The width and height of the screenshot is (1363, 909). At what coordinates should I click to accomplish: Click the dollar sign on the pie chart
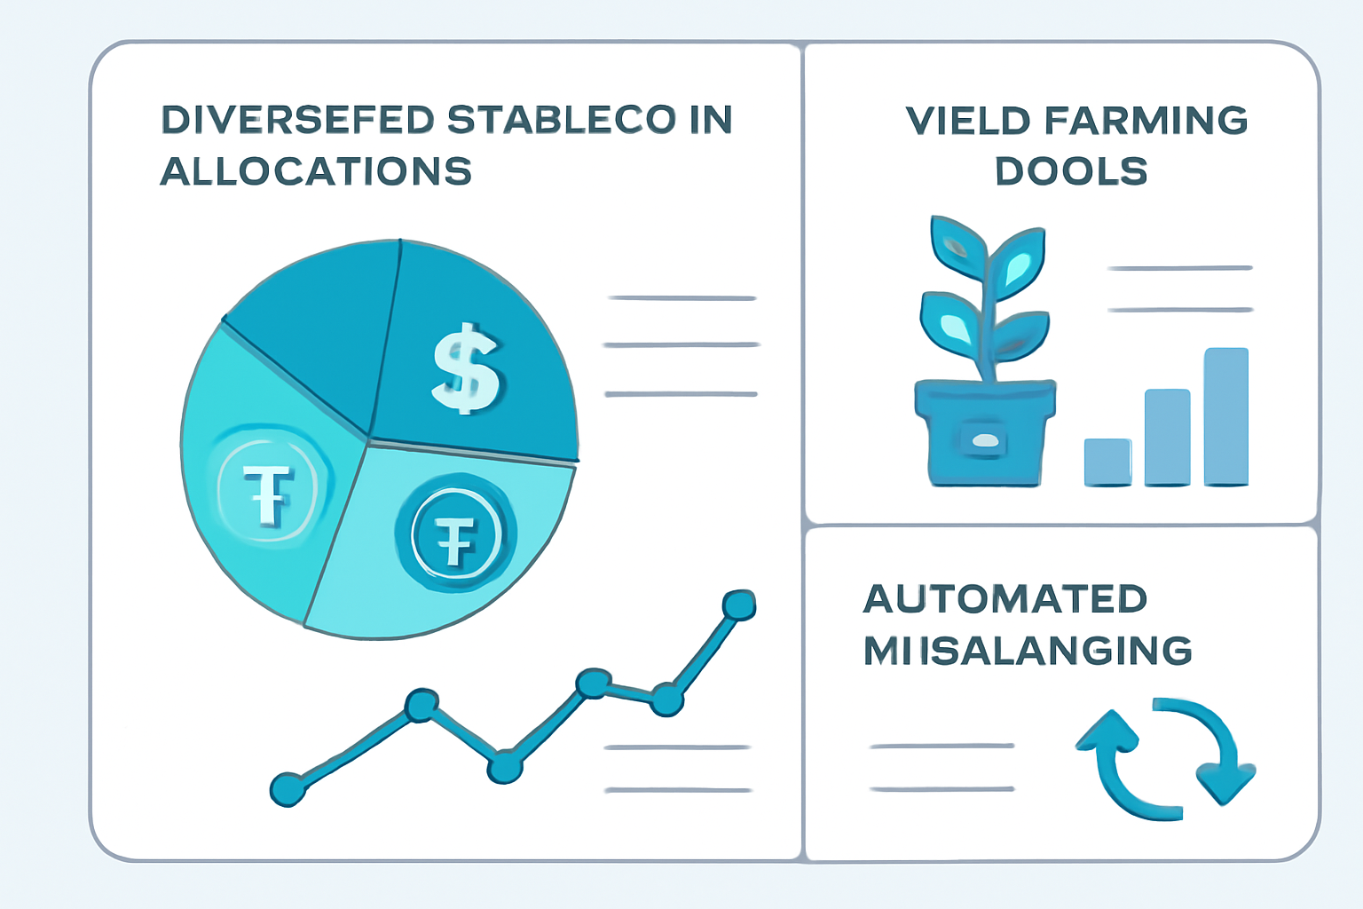pos(465,368)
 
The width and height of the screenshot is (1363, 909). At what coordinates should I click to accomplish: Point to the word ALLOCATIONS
pos(316,171)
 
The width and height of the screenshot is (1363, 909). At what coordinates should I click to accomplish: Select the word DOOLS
pos(1071,171)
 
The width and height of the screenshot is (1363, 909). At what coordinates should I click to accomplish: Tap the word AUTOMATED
pos(1005,599)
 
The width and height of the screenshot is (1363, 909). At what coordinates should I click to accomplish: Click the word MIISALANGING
pos(1028,651)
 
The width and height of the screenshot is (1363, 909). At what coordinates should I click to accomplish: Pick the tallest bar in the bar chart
pos(1225,416)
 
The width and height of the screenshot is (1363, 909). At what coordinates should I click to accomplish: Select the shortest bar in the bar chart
pos(1107,462)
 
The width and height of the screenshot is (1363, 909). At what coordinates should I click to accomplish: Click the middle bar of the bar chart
pos(1167,437)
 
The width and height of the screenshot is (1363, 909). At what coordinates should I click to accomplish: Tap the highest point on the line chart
pos(738,605)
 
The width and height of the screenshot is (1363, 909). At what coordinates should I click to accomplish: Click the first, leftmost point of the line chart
pos(287,788)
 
